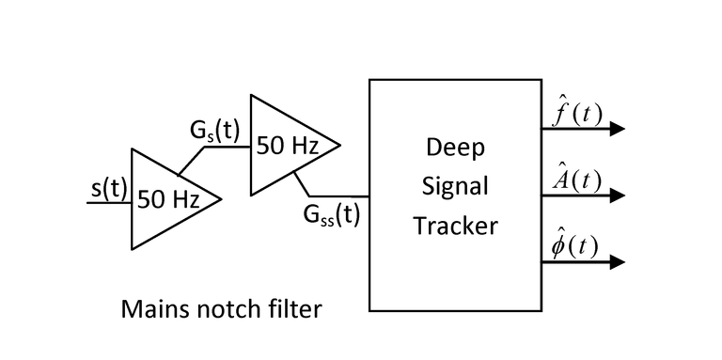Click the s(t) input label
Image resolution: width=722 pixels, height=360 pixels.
(x=109, y=189)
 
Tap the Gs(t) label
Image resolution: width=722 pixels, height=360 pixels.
(x=215, y=132)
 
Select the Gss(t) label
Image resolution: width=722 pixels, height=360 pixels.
(x=332, y=215)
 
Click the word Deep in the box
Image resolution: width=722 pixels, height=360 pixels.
(x=455, y=149)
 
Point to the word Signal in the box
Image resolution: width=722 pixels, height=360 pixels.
(x=455, y=187)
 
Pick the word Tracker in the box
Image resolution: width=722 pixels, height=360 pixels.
(x=455, y=226)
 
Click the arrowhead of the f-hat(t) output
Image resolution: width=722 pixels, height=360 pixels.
(x=617, y=129)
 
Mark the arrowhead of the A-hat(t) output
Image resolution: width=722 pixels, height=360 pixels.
(x=617, y=196)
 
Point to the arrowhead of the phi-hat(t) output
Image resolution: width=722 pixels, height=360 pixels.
(x=617, y=262)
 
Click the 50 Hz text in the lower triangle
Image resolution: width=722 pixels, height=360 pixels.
(x=169, y=200)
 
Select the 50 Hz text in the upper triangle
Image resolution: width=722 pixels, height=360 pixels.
(x=288, y=147)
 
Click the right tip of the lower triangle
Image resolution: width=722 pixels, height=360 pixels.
(x=221, y=199)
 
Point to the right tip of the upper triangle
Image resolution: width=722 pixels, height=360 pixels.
(x=339, y=145)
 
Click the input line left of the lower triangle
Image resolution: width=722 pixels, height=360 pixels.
(x=109, y=202)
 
